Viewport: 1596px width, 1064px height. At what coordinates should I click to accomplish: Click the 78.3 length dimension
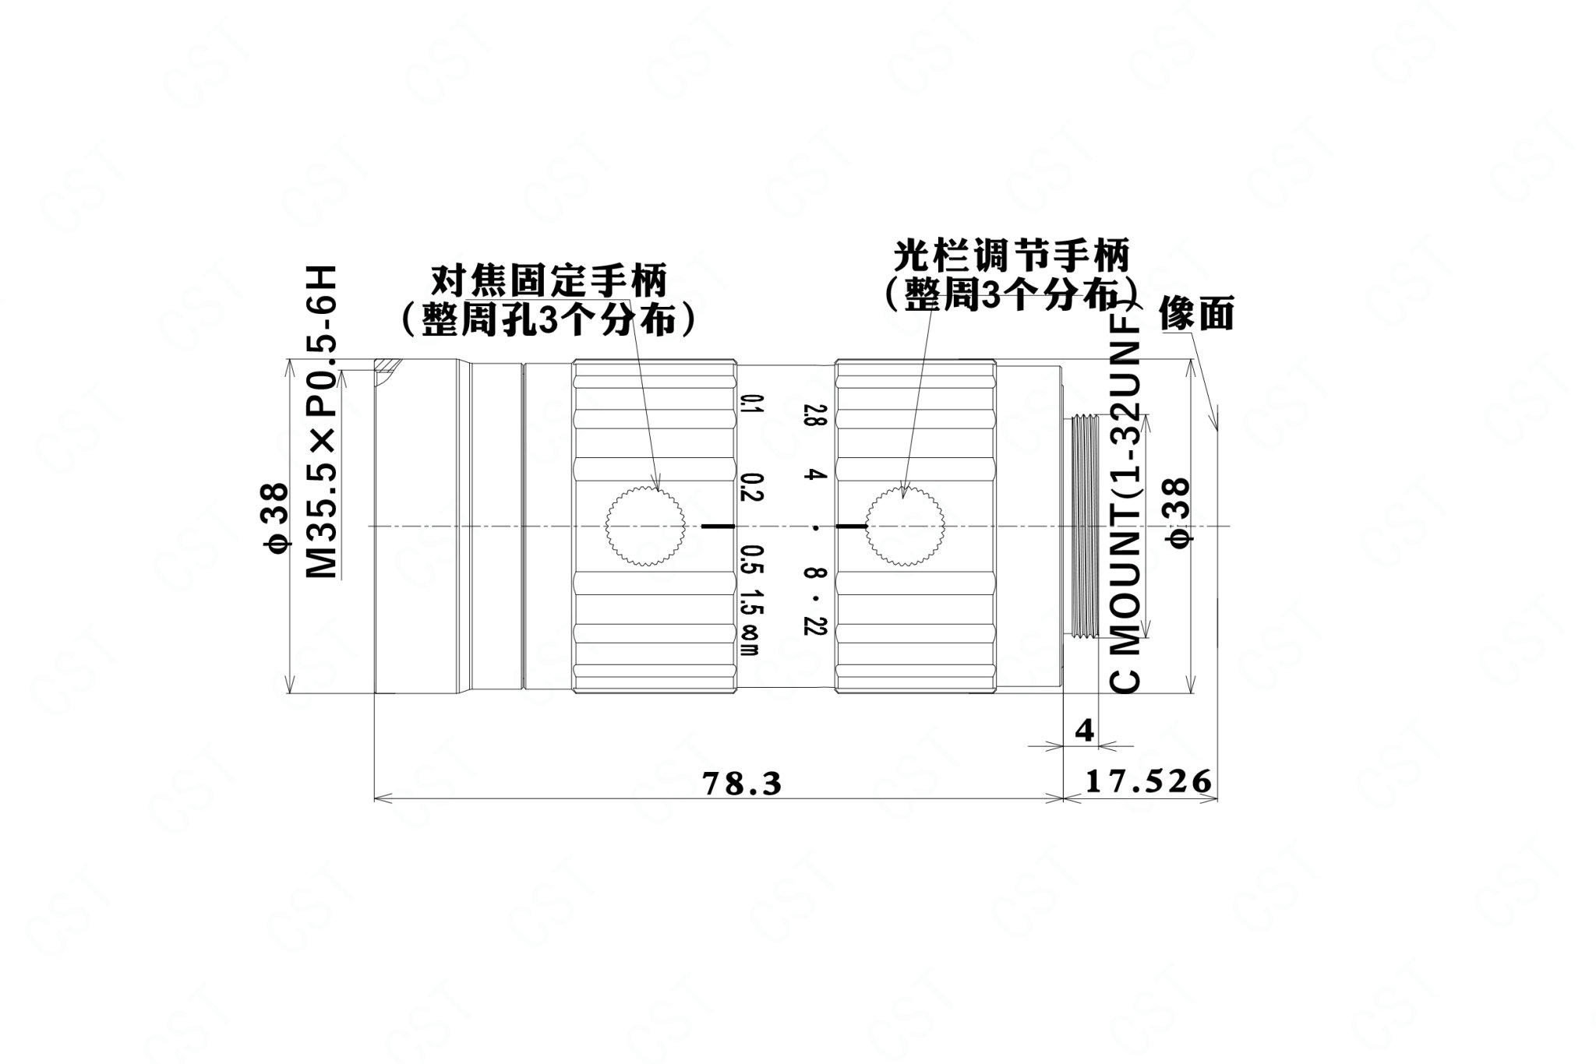click(741, 783)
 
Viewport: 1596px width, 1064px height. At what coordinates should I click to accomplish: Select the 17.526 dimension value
click(1149, 780)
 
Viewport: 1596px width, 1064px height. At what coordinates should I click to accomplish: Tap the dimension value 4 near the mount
click(1084, 731)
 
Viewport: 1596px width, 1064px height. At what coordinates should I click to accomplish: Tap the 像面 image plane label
click(1196, 314)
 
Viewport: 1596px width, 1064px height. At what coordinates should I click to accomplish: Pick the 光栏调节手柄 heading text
click(1011, 256)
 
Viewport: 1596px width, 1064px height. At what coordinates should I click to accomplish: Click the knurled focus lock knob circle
click(645, 526)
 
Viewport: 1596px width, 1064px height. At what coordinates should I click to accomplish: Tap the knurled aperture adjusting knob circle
click(904, 526)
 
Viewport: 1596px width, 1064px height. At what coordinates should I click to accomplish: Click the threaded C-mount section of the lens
click(1084, 527)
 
